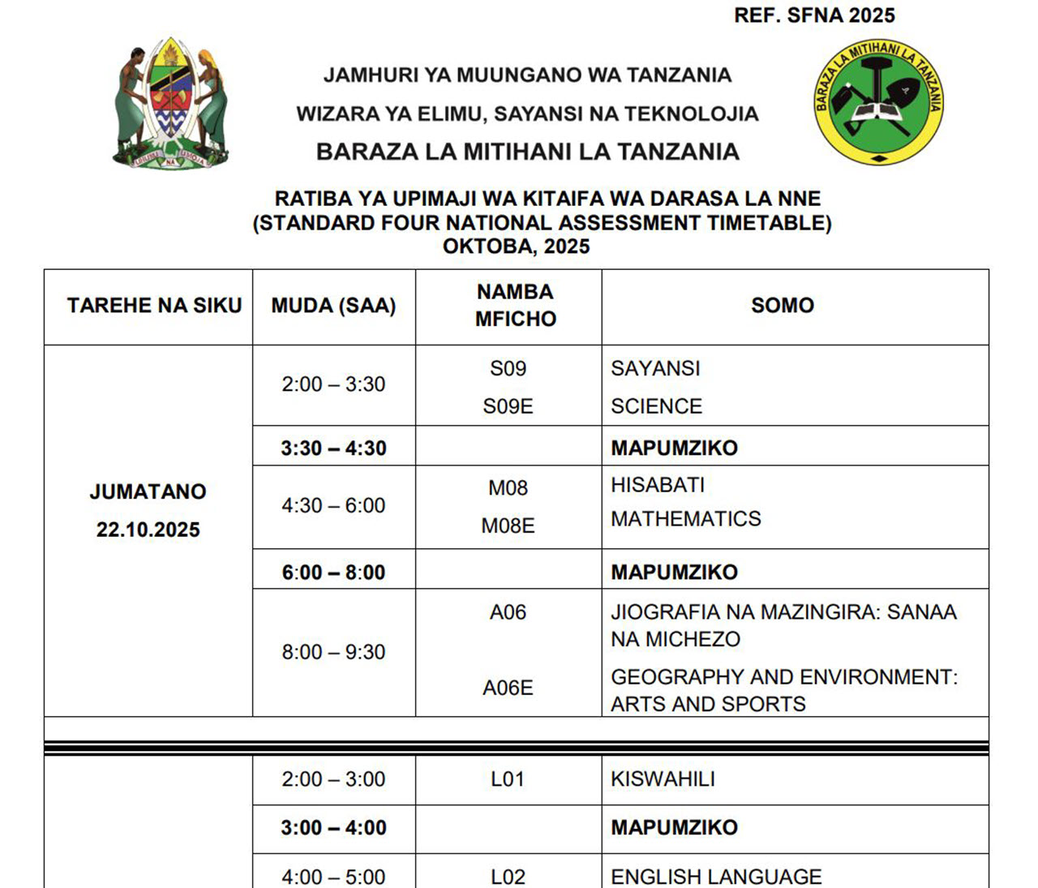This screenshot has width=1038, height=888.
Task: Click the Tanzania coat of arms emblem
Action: pyautogui.click(x=171, y=103)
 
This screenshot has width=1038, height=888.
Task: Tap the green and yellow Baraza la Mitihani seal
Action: pyautogui.click(x=878, y=102)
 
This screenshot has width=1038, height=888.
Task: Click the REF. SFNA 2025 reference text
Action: pyautogui.click(x=814, y=15)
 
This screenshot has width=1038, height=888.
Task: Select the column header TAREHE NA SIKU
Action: pyautogui.click(x=154, y=306)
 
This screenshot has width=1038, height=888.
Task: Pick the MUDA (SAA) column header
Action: pyautogui.click(x=333, y=306)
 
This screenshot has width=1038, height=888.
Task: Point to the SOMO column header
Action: pyautogui.click(x=782, y=306)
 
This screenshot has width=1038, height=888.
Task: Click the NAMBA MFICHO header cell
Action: pyautogui.click(x=515, y=305)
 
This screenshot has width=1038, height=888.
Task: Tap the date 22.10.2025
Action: pyautogui.click(x=148, y=530)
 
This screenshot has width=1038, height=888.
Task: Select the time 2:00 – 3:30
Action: pyautogui.click(x=333, y=384)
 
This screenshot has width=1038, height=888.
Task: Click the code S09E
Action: pyautogui.click(x=508, y=406)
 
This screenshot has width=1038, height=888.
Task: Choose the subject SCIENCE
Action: pyautogui.click(x=656, y=406)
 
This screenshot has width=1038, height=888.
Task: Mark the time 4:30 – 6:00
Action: pyautogui.click(x=333, y=506)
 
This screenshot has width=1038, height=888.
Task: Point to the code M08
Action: pyautogui.click(x=508, y=487)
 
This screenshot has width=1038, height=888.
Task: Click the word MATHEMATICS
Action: pyautogui.click(x=685, y=519)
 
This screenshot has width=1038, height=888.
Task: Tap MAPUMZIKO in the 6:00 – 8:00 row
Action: pyautogui.click(x=674, y=573)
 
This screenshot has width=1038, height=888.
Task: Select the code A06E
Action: pyautogui.click(x=508, y=688)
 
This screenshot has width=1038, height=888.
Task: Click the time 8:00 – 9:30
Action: pyautogui.click(x=333, y=652)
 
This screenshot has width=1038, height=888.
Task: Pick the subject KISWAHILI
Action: pyautogui.click(x=663, y=779)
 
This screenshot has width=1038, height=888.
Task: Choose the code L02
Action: pyautogui.click(x=508, y=877)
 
